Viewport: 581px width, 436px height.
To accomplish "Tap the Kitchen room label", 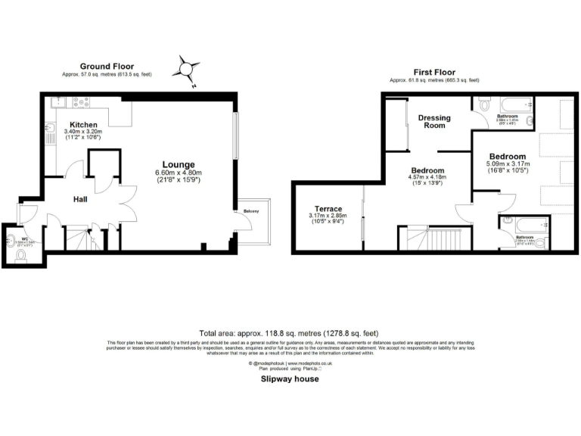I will click(84, 124).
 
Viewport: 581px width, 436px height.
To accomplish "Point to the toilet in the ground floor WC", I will click(21, 255).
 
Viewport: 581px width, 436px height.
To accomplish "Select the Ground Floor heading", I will click(106, 67).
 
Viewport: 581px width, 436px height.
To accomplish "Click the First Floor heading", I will click(433, 70).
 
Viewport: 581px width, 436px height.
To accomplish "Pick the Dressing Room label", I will click(434, 122).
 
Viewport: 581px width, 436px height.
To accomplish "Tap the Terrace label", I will click(328, 208).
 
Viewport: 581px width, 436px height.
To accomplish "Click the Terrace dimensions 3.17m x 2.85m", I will click(328, 216).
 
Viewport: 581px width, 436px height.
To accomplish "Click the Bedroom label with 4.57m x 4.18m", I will click(427, 170).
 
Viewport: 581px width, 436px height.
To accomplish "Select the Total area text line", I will click(288, 333).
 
